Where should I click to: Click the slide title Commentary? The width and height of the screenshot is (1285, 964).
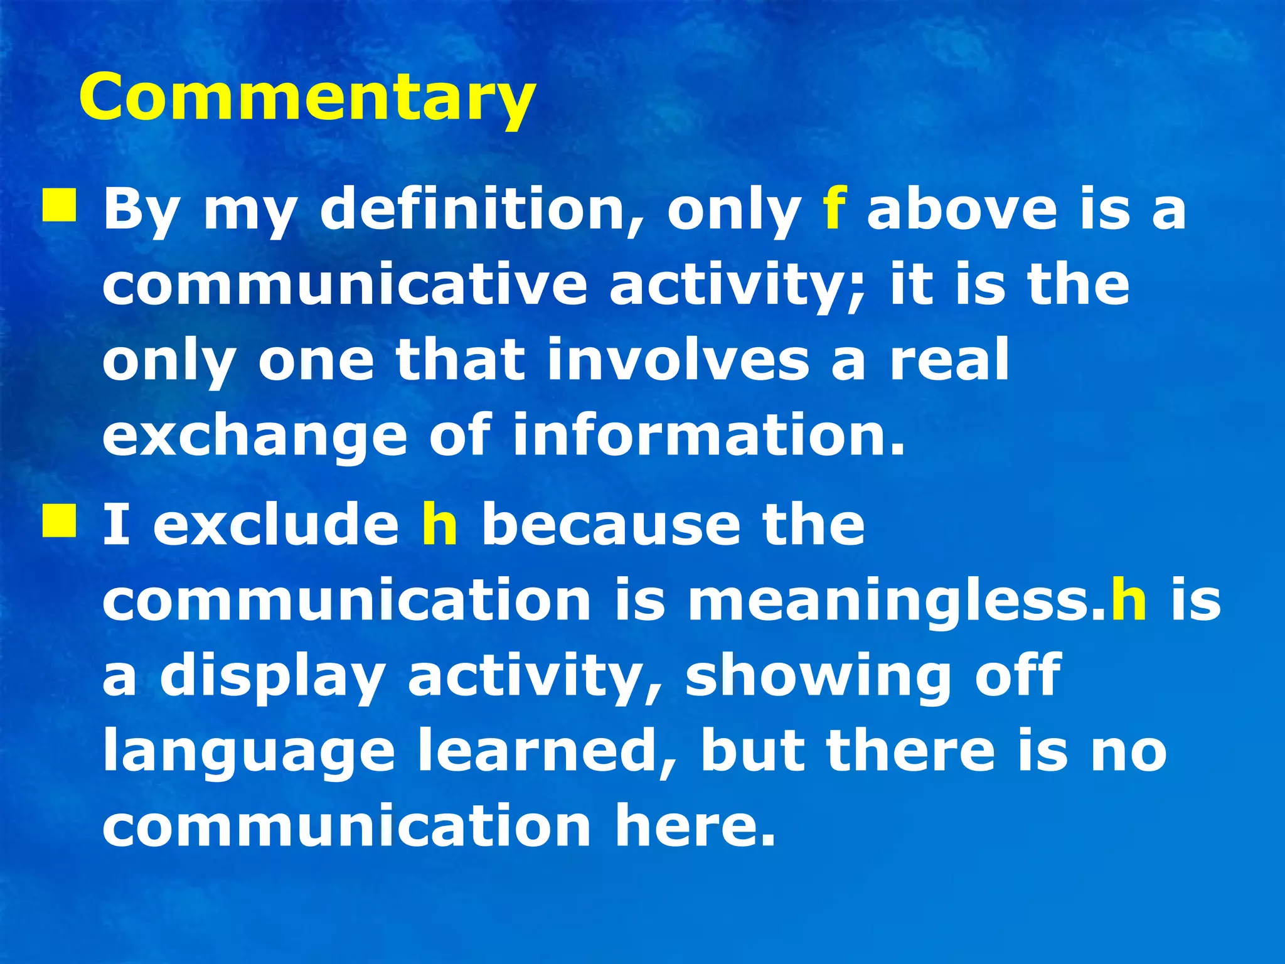tap(307, 97)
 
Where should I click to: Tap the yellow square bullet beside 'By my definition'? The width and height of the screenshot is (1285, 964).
tap(60, 207)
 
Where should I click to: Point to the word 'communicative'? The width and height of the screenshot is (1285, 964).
tap(344, 285)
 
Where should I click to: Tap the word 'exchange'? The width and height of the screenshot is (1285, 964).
tap(255, 437)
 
